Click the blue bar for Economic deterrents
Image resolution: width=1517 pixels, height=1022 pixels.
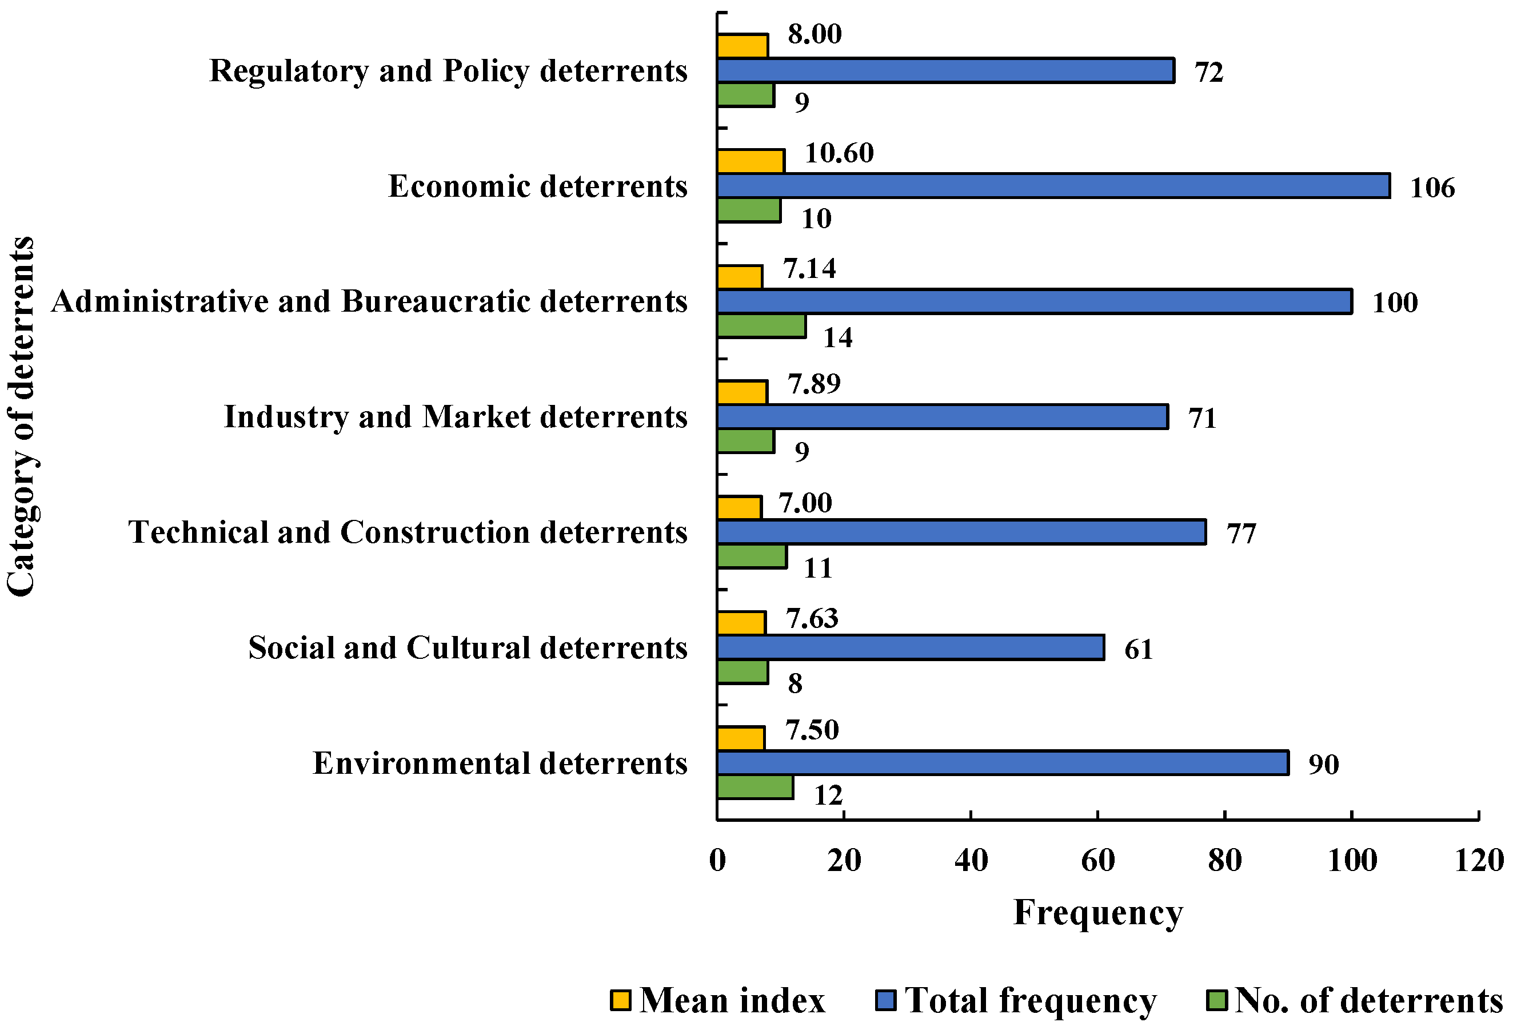1053,186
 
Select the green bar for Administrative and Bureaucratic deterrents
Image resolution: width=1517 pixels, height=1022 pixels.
761,326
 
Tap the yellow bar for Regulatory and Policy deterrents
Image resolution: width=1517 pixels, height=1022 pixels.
742,46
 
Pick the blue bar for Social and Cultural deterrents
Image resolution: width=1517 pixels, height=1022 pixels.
910,647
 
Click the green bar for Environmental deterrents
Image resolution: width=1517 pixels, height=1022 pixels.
754,788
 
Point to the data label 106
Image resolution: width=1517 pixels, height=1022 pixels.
1432,188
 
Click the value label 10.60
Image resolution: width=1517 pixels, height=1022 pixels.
839,154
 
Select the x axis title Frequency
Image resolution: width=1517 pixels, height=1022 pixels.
1098,913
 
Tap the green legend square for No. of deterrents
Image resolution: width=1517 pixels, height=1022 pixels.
1217,1000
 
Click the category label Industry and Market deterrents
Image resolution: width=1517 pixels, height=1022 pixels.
456,417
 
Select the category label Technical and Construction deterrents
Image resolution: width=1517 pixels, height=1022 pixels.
407,532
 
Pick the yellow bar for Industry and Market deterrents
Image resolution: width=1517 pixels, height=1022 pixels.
742,392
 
